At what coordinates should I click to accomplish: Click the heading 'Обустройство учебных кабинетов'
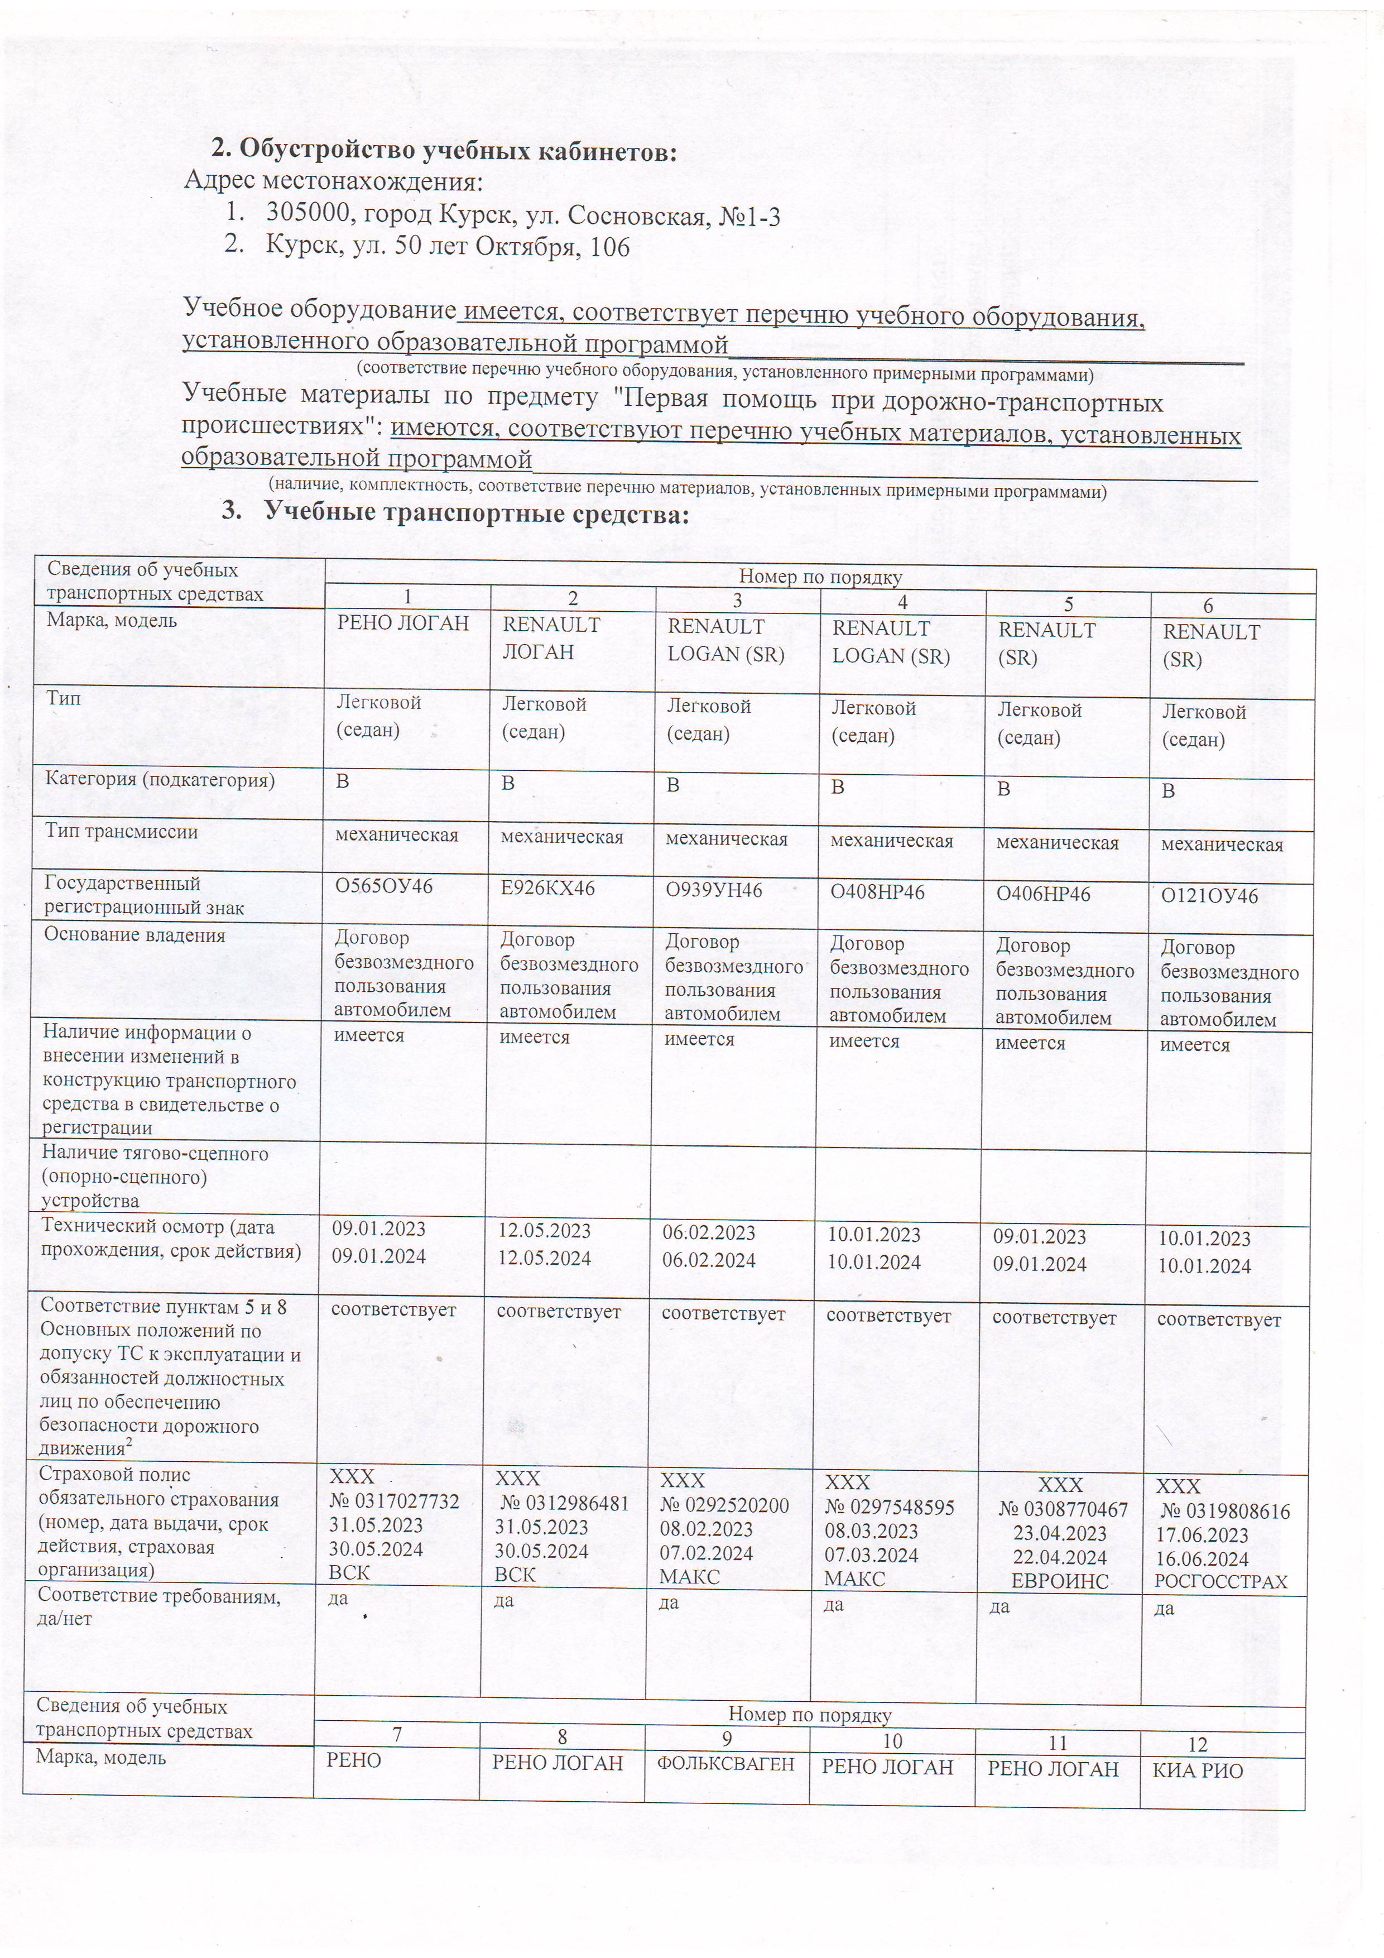457,150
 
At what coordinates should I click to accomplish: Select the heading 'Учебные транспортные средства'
476,514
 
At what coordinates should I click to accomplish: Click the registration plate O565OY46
384,887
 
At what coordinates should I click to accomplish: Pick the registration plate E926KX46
547,889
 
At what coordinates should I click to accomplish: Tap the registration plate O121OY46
1209,896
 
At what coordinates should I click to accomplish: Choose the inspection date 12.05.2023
544,1231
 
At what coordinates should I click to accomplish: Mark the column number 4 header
902,602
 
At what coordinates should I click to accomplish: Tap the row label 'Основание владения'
134,935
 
